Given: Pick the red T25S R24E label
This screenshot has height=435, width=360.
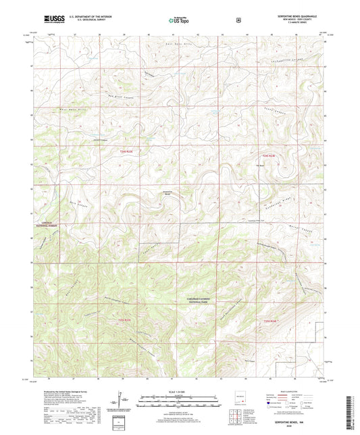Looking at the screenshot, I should coord(271,320).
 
